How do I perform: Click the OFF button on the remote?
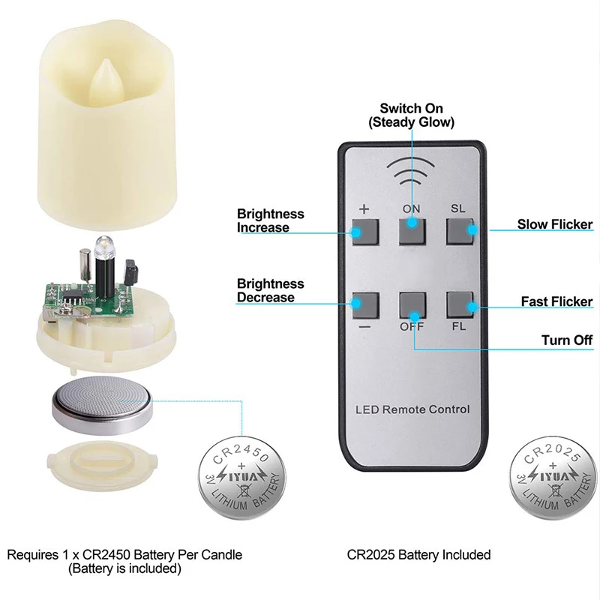(x=412, y=304)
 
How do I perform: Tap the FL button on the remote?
(x=460, y=304)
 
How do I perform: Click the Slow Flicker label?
(x=555, y=224)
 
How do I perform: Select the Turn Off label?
(x=567, y=340)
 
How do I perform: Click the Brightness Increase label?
(x=271, y=220)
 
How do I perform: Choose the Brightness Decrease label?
(x=271, y=290)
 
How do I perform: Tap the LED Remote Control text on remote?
(x=412, y=409)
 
